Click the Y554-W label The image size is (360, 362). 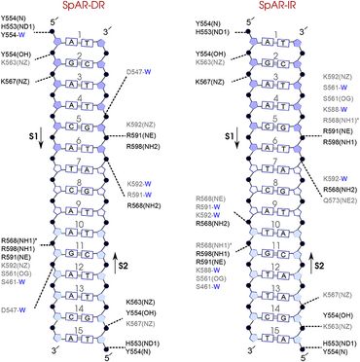pyautogui.click(x=20, y=33)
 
